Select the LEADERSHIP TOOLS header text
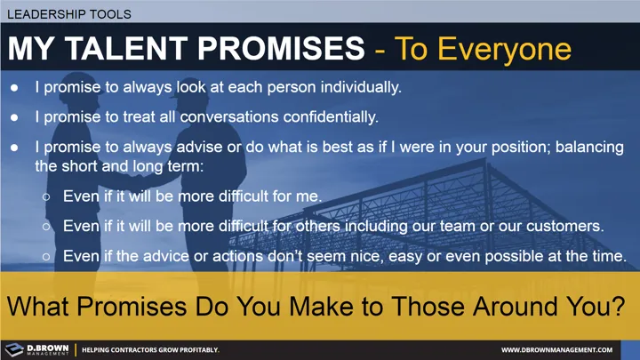click(67, 14)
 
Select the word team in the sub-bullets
click(435, 226)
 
